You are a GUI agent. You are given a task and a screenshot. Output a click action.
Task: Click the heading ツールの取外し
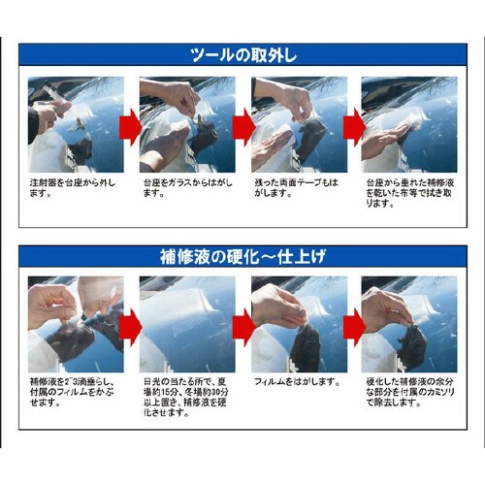click(x=242, y=54)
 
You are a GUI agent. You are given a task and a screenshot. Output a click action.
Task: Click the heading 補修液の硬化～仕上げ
click(x=242, y=258)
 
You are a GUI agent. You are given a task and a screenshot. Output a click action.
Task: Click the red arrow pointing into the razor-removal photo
click(x=355, y=325)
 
